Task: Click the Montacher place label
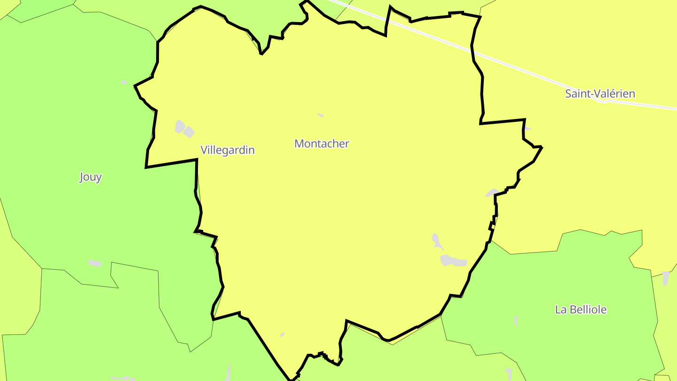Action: [322, 143]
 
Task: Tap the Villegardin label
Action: [228, 150]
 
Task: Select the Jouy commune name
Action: [90, 177]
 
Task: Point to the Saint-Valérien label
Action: [600, 94]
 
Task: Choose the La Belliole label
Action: [581, 310]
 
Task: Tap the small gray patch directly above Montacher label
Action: [321, 115]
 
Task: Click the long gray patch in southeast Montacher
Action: [454, 261]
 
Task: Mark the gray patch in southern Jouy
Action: [94, 263]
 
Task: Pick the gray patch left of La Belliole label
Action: [516, 321]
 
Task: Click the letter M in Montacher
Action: [299, 143]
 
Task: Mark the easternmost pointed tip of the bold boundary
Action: [542, 147]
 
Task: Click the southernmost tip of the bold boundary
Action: [291, 379]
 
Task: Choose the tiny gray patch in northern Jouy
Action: [124, 82]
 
